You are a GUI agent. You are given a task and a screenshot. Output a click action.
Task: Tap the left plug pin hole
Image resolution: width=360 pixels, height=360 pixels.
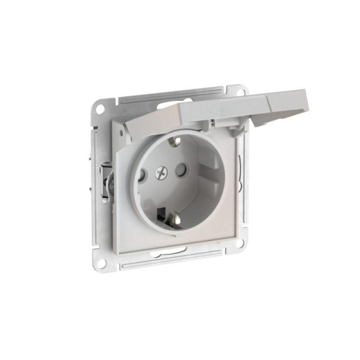click(142, 176)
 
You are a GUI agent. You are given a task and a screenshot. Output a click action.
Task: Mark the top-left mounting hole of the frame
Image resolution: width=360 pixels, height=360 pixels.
click(98, 109)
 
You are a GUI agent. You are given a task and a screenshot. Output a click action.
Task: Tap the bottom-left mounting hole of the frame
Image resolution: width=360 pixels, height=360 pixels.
click(101, 246)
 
